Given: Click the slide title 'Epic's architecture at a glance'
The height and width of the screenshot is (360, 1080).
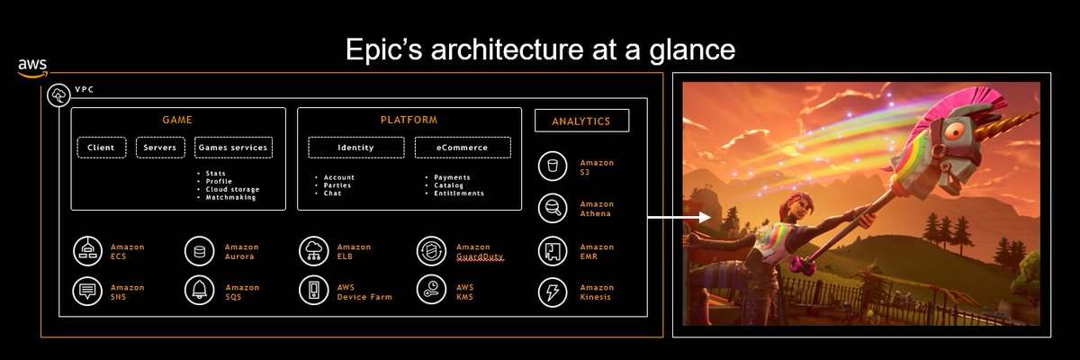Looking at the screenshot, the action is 541,50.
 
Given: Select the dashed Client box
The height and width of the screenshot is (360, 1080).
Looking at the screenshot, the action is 102,148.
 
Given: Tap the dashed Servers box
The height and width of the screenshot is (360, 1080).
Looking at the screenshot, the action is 160,148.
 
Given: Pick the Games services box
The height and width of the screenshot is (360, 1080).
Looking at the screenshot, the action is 232,148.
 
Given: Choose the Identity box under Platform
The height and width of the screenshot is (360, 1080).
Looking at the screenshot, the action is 356,148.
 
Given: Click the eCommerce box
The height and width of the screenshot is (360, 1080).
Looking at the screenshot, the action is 463,148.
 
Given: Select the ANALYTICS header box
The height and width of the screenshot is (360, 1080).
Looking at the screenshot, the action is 581,121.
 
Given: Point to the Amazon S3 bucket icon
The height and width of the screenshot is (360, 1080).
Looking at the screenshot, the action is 551,166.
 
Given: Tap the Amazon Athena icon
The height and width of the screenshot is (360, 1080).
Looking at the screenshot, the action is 551,208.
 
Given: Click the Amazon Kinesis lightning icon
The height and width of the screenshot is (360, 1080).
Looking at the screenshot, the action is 551,292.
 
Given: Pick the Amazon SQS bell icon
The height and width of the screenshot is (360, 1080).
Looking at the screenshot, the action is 198,291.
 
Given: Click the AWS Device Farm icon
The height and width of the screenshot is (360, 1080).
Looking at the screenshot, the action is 313,291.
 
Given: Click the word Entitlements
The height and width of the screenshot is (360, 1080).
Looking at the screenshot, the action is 459,193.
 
